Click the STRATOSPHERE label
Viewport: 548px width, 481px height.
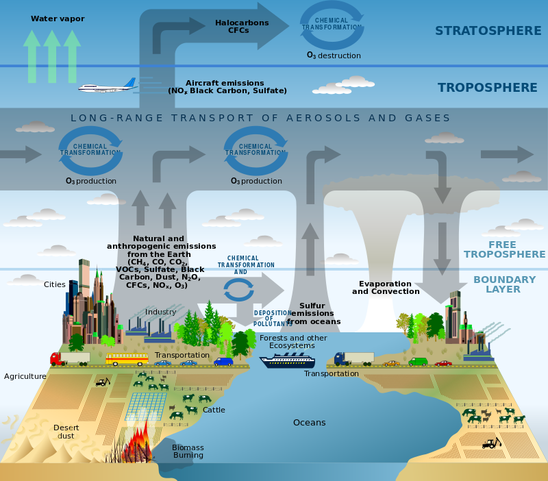pyautogui.click(x=488, y=31)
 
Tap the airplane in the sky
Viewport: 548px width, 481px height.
pyautogui.click(x=107, y=87)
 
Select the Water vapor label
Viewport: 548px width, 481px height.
pyautogui.click(x=58, y=18)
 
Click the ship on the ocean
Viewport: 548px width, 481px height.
pyautogui.click(x=287, y=361)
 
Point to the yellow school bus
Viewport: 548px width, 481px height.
pyautogui.click(x=126, y=359)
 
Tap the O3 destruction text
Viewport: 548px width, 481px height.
pyautogui.click(x=333, y=56)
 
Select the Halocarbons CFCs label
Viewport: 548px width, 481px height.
pyautogui.click(x=242, y=27)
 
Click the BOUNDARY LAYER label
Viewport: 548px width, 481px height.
pyautogui.click(x=504, y=284)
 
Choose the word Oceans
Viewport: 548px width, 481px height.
pyautogui.click(x=309, y=423)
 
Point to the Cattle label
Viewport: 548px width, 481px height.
pyautogui.click(x=214, y=410)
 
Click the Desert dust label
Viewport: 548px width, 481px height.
pyautogui.click(x=66, y=432)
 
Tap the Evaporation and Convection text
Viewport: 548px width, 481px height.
pyautogui.click(x=386, y=287)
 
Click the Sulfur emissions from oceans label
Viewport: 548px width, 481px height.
pyautogui.click(x=314, y=313)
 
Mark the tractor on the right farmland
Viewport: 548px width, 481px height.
pyautogui.click(x=491, y=443)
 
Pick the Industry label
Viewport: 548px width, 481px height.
pyautogui.click(x=160, y=312)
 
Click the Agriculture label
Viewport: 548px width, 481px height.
pyautogui.click(x=25, y=376)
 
